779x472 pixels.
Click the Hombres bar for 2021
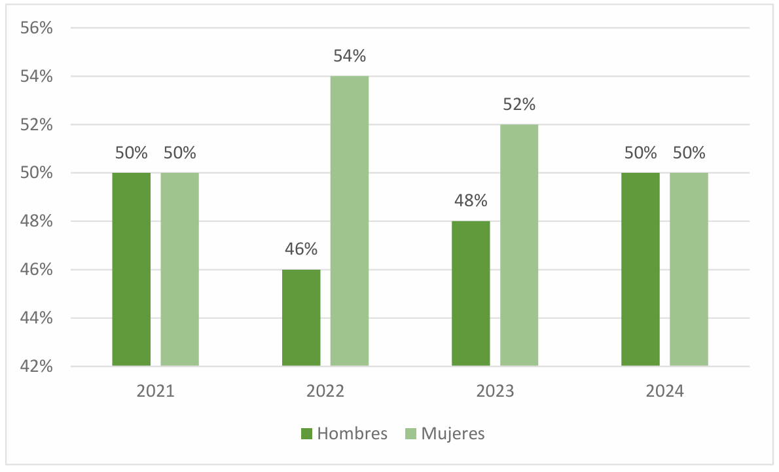[131, 269]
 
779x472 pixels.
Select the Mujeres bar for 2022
[350, 221]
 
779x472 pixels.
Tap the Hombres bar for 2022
[301, 318]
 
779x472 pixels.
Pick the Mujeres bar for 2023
[519, 245]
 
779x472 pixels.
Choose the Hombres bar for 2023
[471, 293]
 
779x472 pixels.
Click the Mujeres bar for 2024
[689, 269]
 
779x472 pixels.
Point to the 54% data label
[350, 56]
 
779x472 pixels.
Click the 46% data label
[301, 249]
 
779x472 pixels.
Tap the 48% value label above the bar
[471, 201]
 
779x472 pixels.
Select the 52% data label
[519, 105]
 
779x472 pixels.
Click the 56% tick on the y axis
[36, 28]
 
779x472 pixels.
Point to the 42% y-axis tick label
[36, 366]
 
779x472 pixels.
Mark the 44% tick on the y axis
[36, 318]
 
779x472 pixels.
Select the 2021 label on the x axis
[155, 391]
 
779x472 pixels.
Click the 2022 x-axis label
[325, 391]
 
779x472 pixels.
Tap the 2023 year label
[495, 391]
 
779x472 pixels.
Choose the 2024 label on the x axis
[664, 391]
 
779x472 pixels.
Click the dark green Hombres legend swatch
[306, 433]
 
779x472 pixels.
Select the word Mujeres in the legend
[453, 433]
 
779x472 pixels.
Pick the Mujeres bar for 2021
[179, 269]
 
